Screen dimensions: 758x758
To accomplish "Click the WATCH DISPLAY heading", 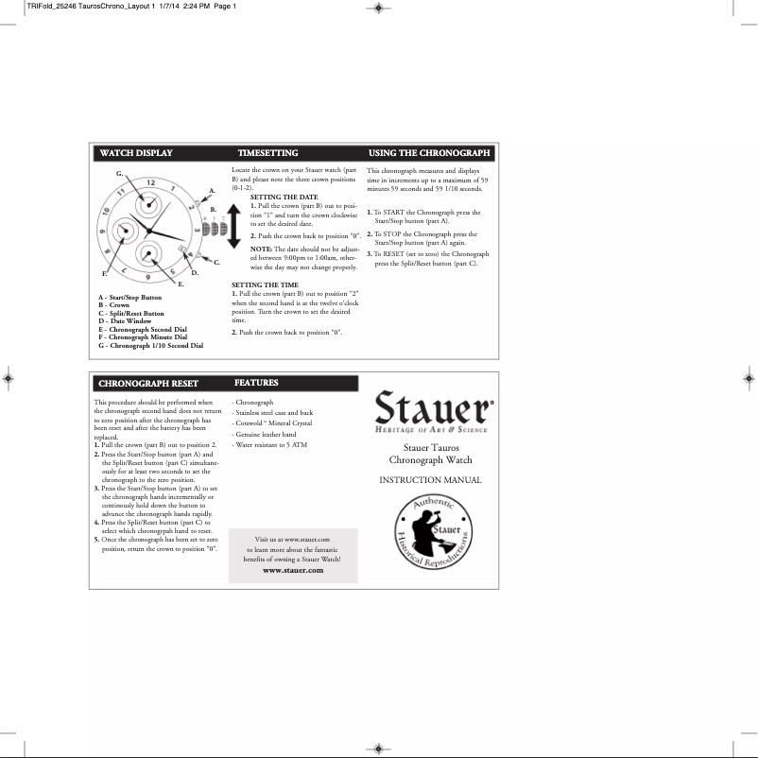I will point(136,152).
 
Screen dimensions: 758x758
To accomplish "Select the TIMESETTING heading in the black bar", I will point(267,152).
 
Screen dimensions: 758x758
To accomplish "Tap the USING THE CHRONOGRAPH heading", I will point(429,152).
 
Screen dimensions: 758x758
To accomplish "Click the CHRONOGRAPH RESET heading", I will point(148,384).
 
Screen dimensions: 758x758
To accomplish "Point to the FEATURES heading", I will point(256,383).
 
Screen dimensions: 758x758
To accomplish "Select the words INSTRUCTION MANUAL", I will point(430,480).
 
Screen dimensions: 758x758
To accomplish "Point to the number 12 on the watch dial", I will point(150,181).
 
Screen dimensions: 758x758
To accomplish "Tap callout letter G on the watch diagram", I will point(119,174).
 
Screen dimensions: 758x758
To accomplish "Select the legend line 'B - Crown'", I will point(114,305).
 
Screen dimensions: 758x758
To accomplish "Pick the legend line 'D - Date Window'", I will point(125,320).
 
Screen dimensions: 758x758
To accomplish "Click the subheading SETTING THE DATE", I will point(284,197).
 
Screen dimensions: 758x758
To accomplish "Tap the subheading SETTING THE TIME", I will point(265,284).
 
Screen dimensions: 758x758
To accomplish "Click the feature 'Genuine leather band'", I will point(266,433).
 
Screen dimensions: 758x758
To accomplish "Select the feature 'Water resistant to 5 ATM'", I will point(271,443).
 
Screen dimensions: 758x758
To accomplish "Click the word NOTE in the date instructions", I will point(261,248).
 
